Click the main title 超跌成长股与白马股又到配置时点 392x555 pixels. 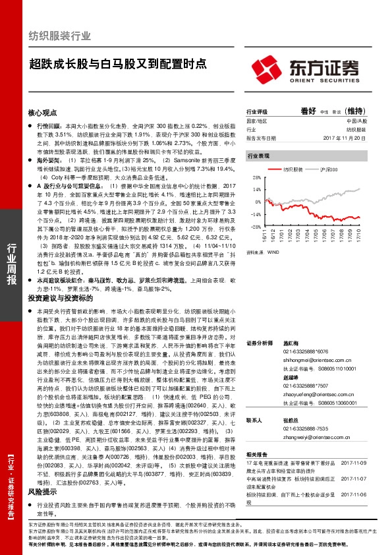point(117,64)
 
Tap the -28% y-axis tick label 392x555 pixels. point(252,226)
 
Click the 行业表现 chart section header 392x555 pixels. point(258,156)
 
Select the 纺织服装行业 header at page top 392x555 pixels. point(60,36)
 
